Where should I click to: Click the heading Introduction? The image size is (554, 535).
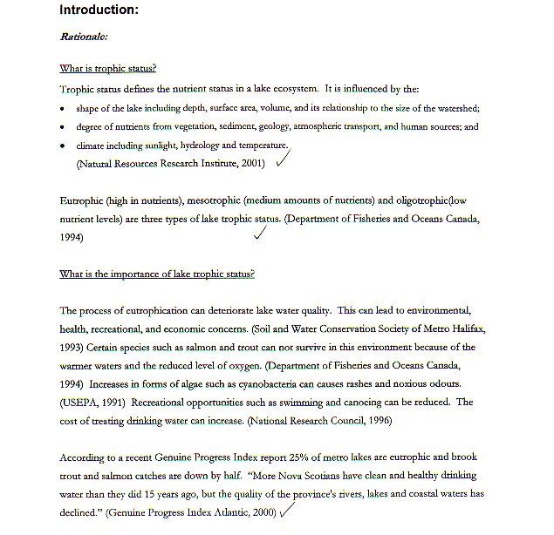99,10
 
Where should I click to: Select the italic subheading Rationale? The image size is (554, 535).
84,37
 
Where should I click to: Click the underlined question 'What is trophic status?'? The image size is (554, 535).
107,69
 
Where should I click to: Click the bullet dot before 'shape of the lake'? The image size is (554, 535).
63,110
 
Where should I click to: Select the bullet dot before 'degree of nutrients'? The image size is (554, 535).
63,127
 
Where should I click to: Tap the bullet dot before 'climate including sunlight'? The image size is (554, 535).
63,146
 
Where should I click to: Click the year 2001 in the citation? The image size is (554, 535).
253,163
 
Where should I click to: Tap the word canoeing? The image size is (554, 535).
358,402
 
